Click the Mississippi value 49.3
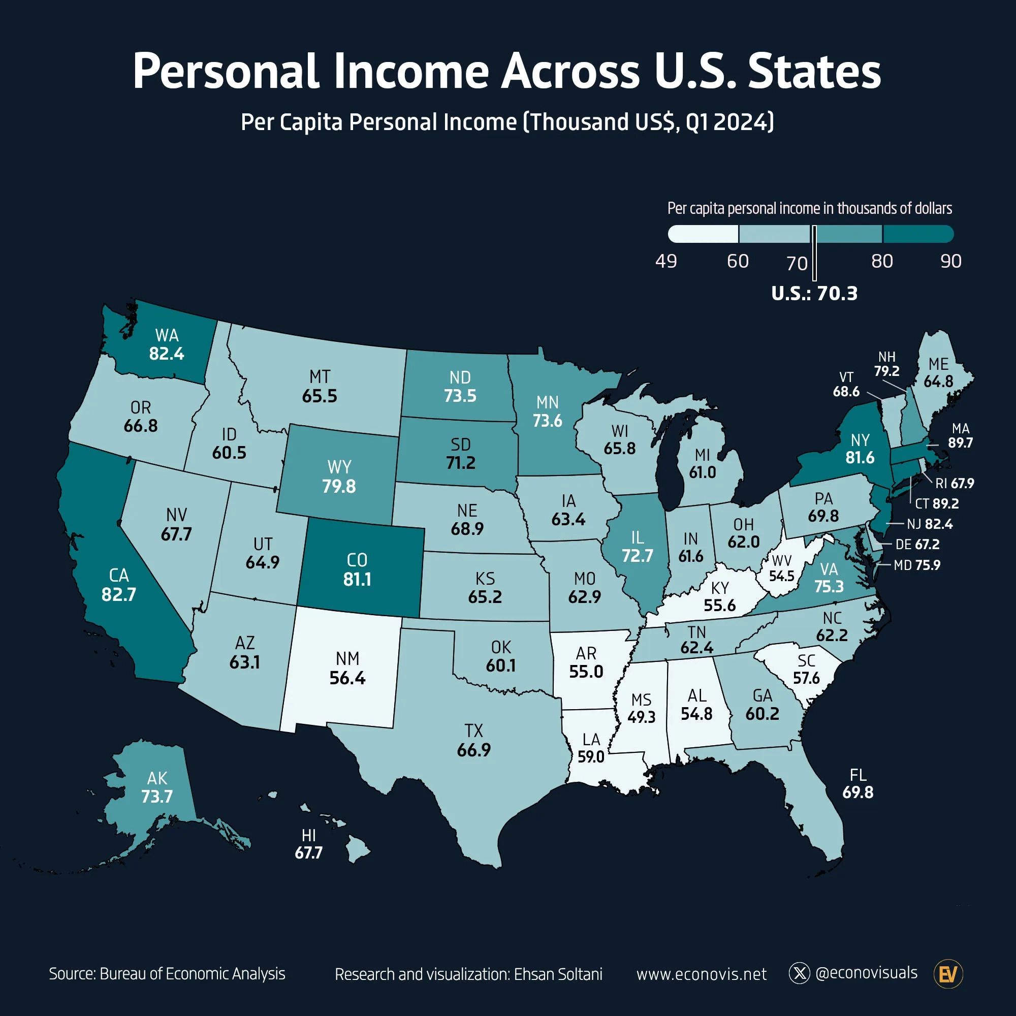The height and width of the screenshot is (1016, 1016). [x=641, y=717]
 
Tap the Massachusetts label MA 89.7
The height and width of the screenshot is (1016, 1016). [x=960, y=436]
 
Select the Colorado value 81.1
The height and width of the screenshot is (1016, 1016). [x=357, y=579]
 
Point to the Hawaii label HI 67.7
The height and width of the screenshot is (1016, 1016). [x=309, y=844]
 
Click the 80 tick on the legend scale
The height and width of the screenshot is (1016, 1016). [x=882, y=261]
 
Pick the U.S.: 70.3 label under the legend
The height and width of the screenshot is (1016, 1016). [x=814, y=294]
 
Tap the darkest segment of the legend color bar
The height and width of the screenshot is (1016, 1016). [x=917, y=234]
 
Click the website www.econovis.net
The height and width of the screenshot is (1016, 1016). [x=701, y=974]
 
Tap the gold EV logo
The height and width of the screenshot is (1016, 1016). [x=947, y=974]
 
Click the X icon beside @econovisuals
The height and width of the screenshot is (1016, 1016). [x=799, y=973]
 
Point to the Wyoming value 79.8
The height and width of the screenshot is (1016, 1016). [x=339, y=486]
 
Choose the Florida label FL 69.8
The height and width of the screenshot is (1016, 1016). [x=858, y=783]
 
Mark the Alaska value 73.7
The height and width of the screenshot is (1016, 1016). [x=156, y=796]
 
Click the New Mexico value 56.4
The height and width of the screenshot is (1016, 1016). [x=347, y=678]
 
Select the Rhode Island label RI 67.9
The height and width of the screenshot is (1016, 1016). [x=955, y=483]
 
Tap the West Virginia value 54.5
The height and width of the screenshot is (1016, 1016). [x=781, y=576]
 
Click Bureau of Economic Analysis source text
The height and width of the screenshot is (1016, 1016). [x=192, y=973]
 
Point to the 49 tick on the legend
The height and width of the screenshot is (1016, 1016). [x=666, y=261]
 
